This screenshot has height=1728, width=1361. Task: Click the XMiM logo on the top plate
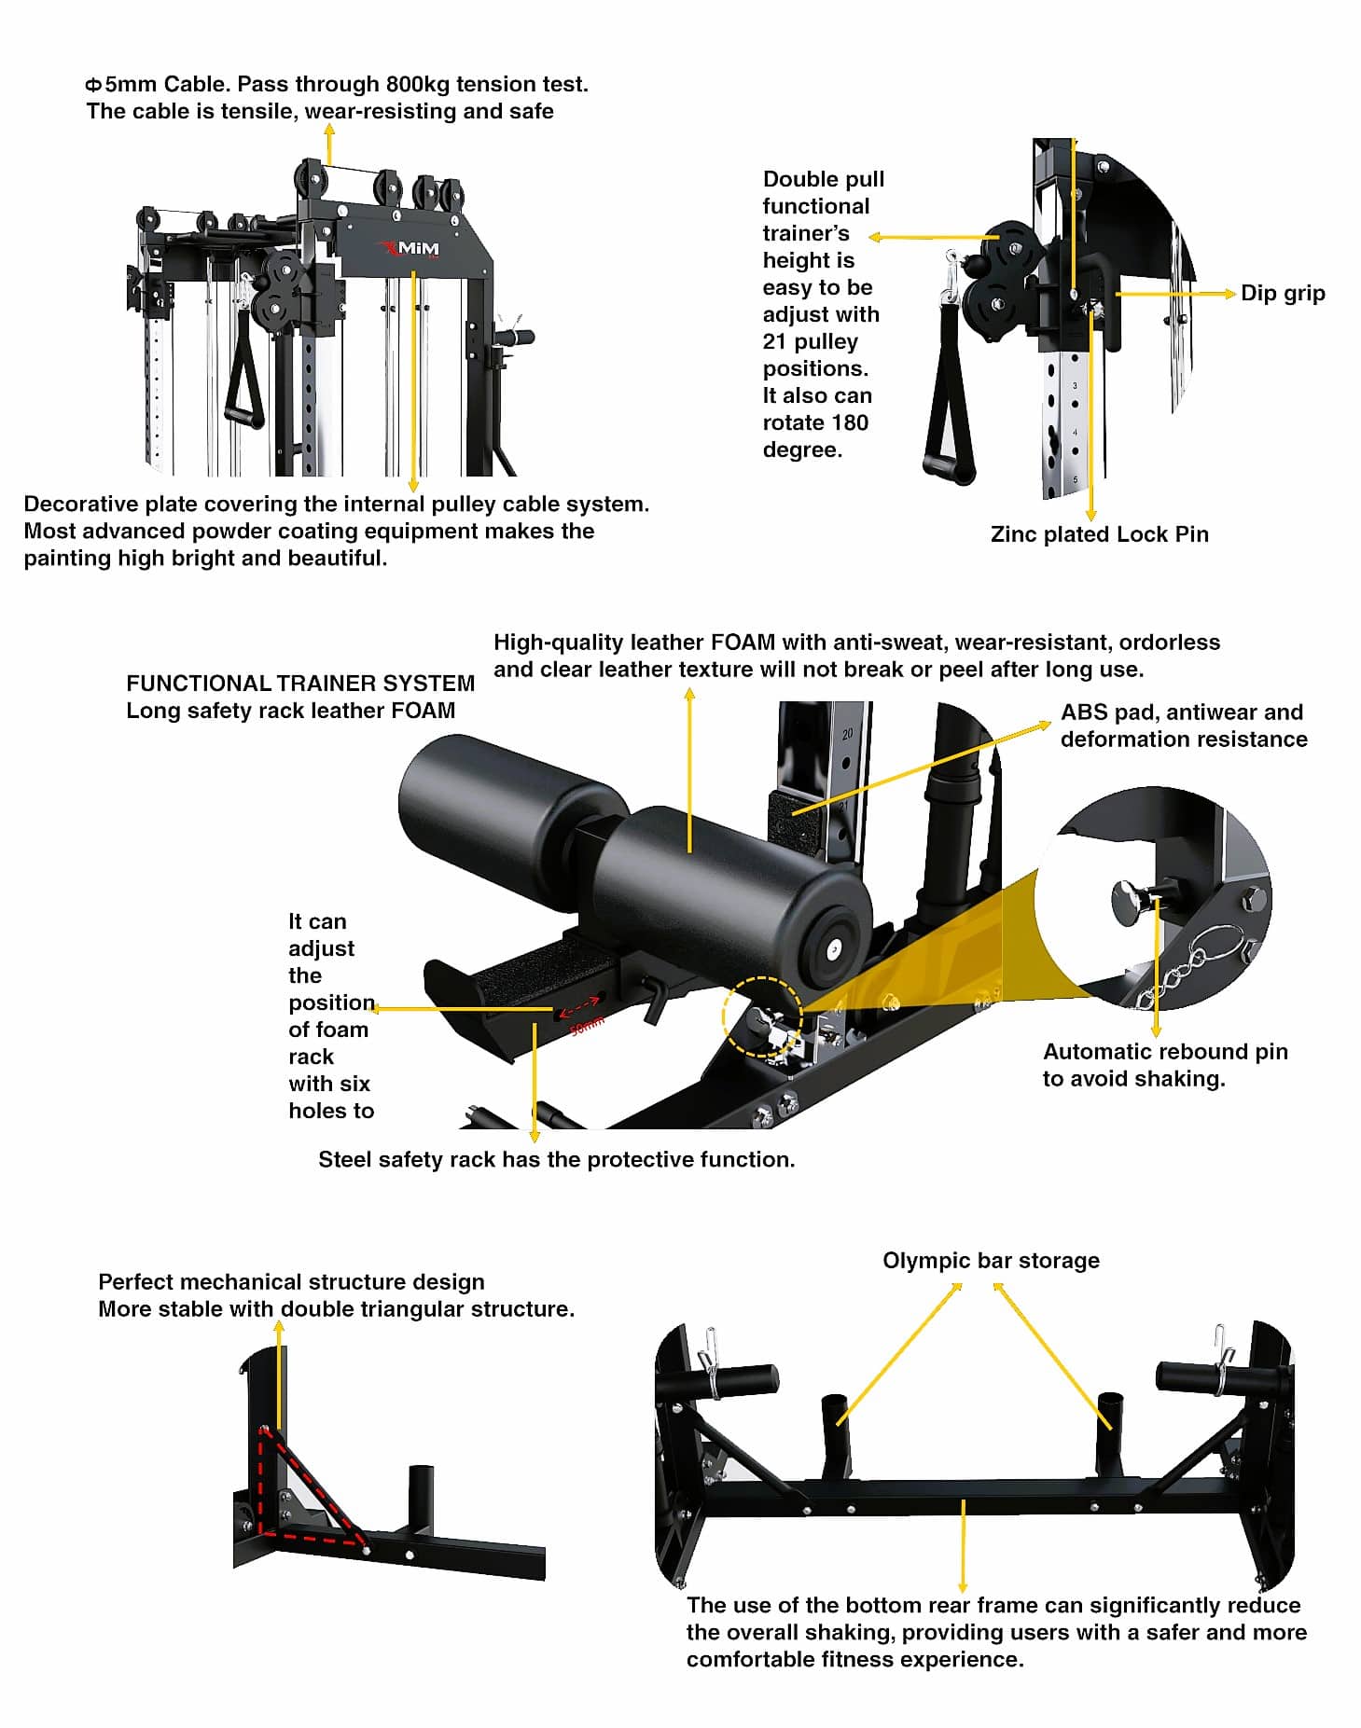410,249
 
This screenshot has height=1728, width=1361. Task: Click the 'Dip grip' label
1282,294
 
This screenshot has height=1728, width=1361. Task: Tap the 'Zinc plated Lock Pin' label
1099,534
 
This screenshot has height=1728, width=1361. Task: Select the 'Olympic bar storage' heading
991,1261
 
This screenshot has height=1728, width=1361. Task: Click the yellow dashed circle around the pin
761,1016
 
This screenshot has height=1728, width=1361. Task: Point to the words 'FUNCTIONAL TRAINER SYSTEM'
300,684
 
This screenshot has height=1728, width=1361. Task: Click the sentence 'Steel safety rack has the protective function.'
556,1160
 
